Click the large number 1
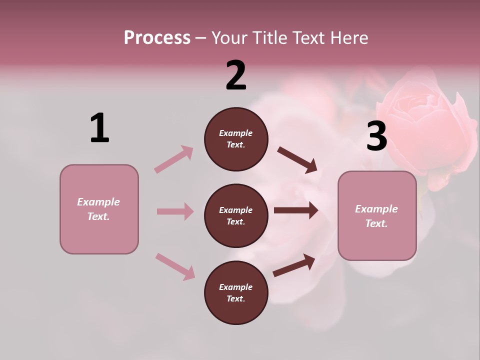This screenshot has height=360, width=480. point(99,128)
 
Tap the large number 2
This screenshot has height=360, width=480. point(236,75)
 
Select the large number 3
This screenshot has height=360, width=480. point(376,136)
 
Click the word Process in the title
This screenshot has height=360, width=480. point(157,37)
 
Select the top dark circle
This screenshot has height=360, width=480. point(236,139)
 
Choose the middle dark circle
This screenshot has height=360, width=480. point(236,215)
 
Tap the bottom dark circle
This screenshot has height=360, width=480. point(236,292)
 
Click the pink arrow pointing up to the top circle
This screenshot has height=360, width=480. point(174,159)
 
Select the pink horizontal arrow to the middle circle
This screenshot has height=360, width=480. point(175,211)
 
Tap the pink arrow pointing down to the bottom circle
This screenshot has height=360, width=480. point(175,266)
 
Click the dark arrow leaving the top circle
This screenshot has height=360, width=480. point(297,160)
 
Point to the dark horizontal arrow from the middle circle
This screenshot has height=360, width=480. point(296,210)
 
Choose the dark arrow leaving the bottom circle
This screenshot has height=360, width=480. point(294,265)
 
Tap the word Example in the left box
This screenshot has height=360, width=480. point(98,202)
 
